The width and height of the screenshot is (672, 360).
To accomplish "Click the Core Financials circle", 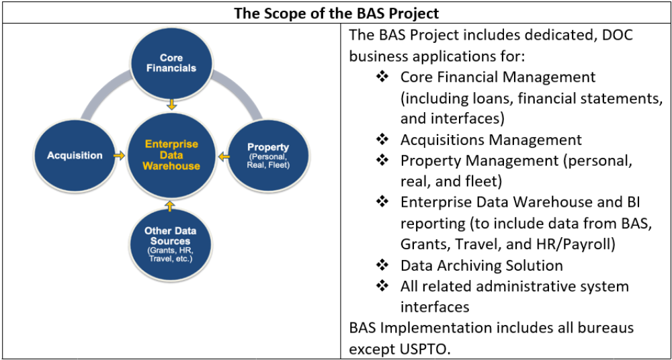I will (x=172, y=64).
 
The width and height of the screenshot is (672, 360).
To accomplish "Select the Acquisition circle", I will (x=75, y=155).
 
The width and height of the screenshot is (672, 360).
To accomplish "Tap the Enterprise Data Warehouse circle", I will (x=172, y=155).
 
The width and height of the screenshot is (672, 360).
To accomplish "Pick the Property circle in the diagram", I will (x=267, y=155).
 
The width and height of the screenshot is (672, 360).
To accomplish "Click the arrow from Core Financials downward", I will (x=172, y=104).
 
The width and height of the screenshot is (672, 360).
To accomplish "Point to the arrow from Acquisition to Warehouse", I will (x=119, y=155).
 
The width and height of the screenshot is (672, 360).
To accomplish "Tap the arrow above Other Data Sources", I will (x=171, y=205).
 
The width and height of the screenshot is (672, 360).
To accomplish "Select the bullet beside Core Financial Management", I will (x=382, y=77).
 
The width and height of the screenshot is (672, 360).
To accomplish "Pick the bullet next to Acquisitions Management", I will (x=382, y=140).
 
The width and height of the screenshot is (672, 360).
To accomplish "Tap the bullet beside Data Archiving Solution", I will (x=382, y=265).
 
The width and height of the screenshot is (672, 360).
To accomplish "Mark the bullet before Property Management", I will (x=382, y=161).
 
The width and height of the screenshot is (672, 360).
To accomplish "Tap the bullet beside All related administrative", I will (x=382, y=285).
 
